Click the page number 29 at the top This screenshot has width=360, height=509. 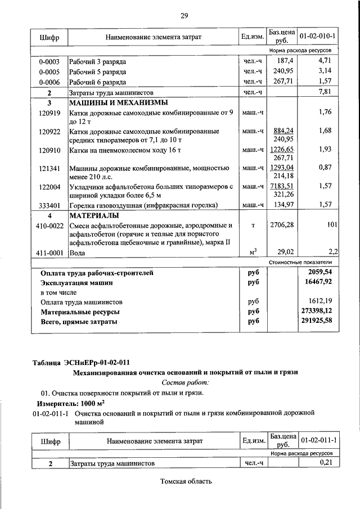184,15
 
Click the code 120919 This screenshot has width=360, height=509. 49,112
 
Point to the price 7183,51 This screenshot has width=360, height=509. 283,186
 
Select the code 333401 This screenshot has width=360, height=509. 49,205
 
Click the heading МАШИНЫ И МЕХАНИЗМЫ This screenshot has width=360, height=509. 110,103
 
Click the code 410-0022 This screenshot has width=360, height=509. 49,226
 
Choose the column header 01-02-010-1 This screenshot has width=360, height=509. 317,37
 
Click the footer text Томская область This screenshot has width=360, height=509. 186,482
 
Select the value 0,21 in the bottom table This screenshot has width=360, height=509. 327,462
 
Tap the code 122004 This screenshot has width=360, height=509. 49,186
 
